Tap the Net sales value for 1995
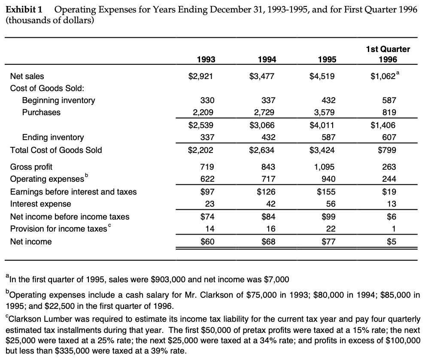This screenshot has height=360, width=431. coord(322,76)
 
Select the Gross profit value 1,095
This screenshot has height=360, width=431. coord(324,167)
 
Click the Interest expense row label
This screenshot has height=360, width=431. coord(41,204)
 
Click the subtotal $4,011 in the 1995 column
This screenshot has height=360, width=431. coord(322,125)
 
